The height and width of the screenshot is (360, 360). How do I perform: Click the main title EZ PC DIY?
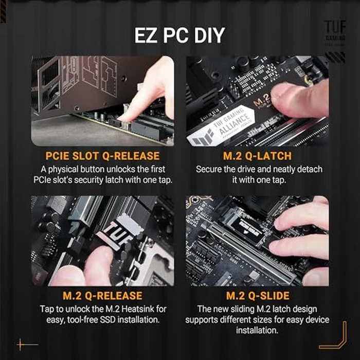(179, 35)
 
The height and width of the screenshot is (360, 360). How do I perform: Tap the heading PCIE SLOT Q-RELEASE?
(102, 156)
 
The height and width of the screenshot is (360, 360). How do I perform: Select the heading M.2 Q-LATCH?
(257, 156)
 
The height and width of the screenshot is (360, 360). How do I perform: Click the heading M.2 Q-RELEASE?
(102, 296)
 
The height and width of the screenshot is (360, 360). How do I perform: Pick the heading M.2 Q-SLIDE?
(257, 296)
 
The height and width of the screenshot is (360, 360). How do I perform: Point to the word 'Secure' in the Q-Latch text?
(211, 169)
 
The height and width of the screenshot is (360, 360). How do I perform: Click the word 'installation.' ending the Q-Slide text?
(257, 331)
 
